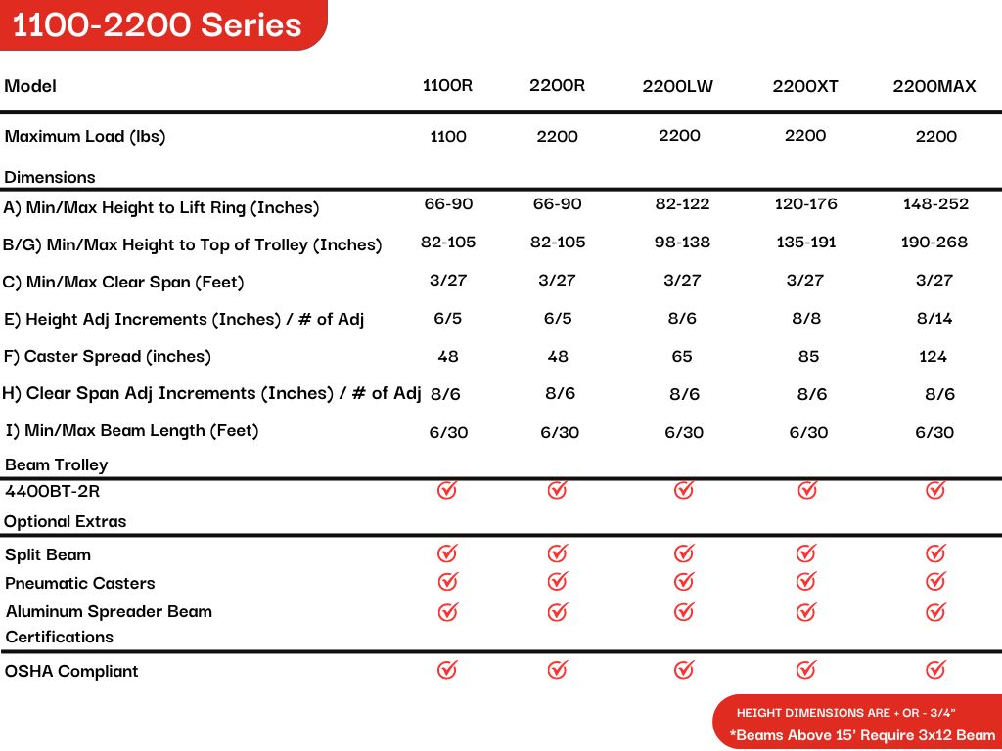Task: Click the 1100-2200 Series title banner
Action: [x=158, y=24]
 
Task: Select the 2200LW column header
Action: [x=678, y=86]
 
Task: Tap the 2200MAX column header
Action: [x=934, y=86]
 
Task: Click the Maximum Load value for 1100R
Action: [x=448, y=137]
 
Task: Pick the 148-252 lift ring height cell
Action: [x=935, y=204]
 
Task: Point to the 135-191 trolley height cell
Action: [x=806, y=242]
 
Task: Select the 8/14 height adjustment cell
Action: [x=934, y=318]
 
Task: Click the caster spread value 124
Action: [x=934, y=357]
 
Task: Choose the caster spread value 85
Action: [x=808, y=357]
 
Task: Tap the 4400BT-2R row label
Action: [x=53, y=492]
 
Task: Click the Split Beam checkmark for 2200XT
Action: [x=806, y=554]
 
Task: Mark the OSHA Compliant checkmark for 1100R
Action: [x=447, y=670]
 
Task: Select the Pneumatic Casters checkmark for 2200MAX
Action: [x=935, y=582]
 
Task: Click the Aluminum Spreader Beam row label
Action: [x=109, y=612]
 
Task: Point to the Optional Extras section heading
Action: [x=66, y=522]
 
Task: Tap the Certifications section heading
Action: [x=60, y=638]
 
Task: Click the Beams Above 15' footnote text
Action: [x=862, y=735]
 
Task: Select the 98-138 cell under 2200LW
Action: [x=682, y=242]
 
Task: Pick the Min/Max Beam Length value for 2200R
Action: [x=560, y=432]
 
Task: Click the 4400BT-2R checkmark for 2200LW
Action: [x=684, y=490]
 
